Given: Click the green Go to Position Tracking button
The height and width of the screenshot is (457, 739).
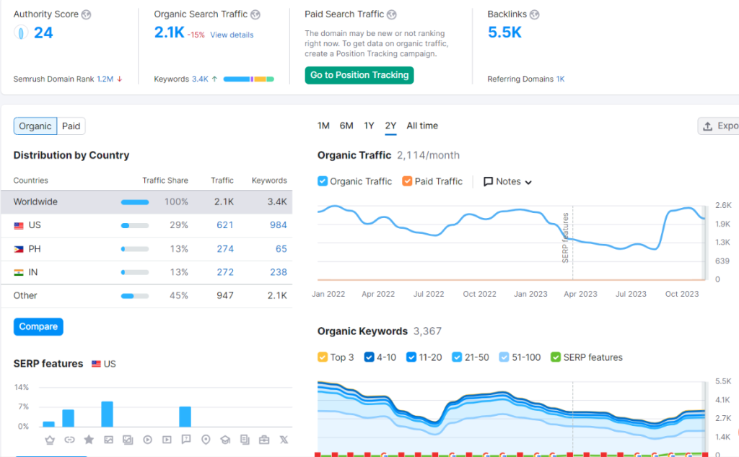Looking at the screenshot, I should [359, 75].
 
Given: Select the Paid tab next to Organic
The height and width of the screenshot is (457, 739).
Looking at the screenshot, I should [71, 126].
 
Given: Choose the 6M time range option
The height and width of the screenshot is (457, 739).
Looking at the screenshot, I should [346, 126].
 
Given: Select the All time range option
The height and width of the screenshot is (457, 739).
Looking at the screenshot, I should [422, 126].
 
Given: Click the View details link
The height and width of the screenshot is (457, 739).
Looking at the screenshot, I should [232, 35].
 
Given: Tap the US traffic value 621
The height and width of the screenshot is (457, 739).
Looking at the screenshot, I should [224, 225].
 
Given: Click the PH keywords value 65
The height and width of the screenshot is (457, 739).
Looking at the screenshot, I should [281, 249].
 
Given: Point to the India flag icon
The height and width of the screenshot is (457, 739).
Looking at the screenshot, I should [19, 273].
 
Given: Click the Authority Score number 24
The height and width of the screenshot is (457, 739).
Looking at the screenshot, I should [43, 32].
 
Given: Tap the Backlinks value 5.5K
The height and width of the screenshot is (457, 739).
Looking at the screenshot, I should [504, 32].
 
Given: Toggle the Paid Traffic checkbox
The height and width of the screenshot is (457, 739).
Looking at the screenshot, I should [407, 181].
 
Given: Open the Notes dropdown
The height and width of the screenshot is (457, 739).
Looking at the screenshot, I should [508, 182].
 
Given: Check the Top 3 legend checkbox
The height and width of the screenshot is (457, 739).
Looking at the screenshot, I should [323, 357].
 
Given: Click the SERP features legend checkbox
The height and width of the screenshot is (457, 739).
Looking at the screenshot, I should [556, 357].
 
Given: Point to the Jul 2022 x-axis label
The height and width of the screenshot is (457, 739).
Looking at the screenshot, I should [429, 294].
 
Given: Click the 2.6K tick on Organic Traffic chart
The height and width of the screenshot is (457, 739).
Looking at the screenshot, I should [722, 206].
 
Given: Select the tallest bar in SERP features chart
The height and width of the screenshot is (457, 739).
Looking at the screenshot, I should [107, 414].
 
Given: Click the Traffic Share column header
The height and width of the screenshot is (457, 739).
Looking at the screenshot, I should [165, 180].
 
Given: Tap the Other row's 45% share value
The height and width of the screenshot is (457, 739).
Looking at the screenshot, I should [177, 296].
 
